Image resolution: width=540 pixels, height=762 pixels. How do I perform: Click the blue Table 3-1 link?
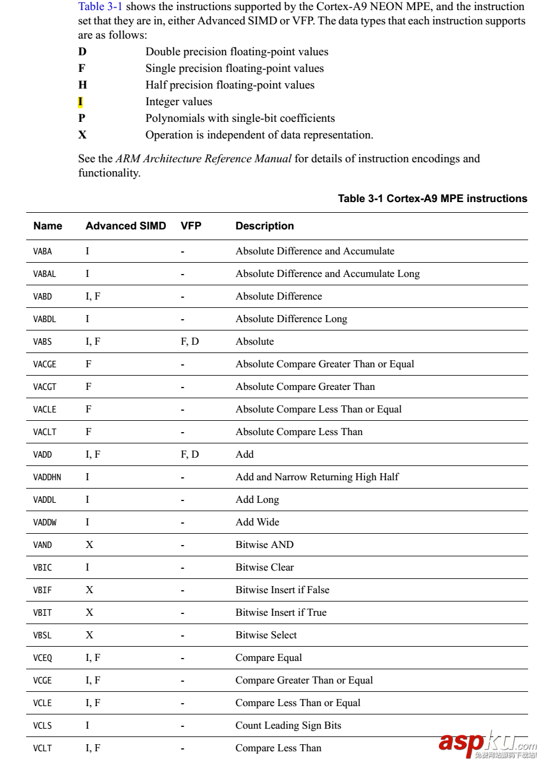pyautogui.click(x=100, y=7)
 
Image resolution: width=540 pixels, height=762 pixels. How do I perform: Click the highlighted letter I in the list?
pyautogui.click(x=81, y=102)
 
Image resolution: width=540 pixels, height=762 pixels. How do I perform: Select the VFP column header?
pyautogui.click(x=191, y=226)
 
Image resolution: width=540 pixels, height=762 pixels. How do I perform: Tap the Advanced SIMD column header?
pyautogui.click(x=125, y=226)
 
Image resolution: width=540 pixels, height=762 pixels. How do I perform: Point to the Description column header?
pyautogui.click(x=265, y=226)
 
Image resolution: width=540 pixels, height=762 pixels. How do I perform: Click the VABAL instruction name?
pyautogui.click(x=45, y=274)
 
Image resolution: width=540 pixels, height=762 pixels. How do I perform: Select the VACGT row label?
pyautogui.click(x=45, y=387)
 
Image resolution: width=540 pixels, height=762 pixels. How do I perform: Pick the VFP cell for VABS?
pyautogui.click(x=190, y=342)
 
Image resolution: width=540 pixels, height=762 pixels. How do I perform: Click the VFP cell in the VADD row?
pyautogui.click(x=190, y=455)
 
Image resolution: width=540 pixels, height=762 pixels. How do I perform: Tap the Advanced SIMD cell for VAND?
pyautogui.click(x=89, y=545)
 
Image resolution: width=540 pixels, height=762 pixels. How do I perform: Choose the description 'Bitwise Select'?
pyautogui.click(x=266, y=635)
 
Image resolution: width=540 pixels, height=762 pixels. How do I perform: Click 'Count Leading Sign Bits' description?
pyautogui.click(x=288, y=726)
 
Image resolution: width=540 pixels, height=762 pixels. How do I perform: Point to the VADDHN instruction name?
pyautogui.click(x=47, y=477)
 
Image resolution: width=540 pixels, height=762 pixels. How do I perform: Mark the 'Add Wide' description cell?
pyautogui.click(x=257, y=522)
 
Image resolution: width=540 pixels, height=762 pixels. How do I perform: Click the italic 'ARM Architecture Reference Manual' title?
pyautogui.click(x=203, y=159)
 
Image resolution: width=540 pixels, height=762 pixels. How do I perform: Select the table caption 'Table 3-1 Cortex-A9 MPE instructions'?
pyautogui.click(x=432, y=199)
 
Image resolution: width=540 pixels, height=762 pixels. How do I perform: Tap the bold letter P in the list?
pyautogui.click(x=82, y=118)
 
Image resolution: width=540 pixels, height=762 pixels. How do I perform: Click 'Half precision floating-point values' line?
pyautogui.click(x=230, y=85)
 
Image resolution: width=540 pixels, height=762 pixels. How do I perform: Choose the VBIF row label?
pyautogui.click(x=42, y=590)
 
